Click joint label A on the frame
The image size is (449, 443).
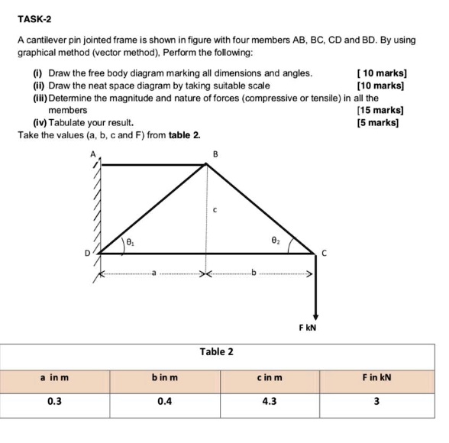click(94, 154)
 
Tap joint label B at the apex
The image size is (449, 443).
click(215, 154)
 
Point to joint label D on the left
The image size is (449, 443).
click(87, 253)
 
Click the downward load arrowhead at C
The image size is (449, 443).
click(314, 316)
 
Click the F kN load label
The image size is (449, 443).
click(308, 328)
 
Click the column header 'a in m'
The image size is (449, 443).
click(54, 377)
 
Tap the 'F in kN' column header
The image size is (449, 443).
click(376, 377)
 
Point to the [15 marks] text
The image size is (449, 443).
click(380, 110)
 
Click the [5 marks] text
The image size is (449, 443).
click(380, 122)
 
